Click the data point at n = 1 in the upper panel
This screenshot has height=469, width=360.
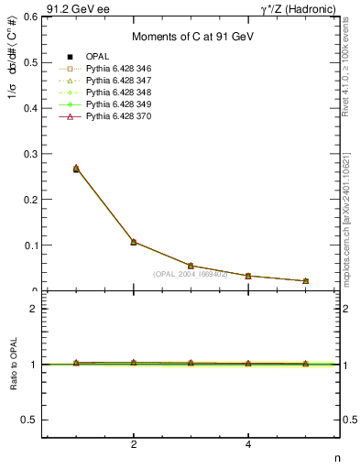pyautogui.click(x=76, y=169)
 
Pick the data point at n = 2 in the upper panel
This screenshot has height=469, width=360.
pyautogui.click(x=134, y=242)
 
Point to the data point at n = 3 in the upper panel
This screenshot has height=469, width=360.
pyautogui.click(x=191, y=266)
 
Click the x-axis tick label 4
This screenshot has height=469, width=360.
pyautogui.click(x=248, y=444)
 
